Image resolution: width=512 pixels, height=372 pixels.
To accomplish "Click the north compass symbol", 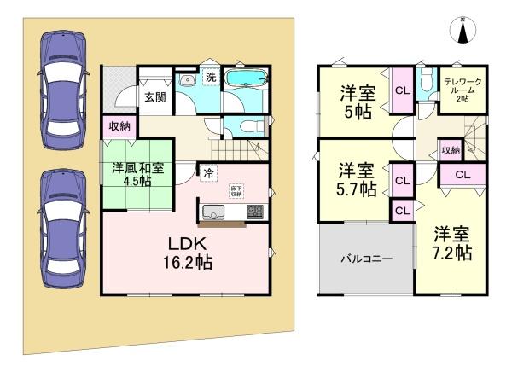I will click(463, 31).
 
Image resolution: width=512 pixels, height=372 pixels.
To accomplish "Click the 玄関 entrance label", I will click(154, 97).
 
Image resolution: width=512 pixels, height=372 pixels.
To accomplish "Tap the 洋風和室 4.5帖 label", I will click(140, 176).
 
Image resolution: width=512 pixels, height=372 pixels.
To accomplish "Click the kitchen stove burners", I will click(255, 210).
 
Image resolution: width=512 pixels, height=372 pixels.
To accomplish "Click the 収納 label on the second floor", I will click(451, 150).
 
